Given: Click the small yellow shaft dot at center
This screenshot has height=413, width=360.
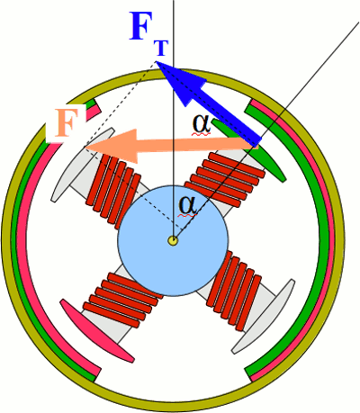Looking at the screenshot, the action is coord(173,240).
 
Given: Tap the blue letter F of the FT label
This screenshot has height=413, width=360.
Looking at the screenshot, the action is coord(142,26).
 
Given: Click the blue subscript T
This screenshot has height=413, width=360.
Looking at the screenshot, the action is coord(161,48).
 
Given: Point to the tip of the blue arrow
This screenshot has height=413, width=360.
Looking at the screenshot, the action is coord(157,61).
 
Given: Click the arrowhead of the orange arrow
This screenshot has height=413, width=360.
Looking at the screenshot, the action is coord(111,147).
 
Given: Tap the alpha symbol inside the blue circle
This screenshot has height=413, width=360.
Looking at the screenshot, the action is coord(188,205).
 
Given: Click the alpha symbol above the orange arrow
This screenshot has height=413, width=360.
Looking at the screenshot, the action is coord(202,124).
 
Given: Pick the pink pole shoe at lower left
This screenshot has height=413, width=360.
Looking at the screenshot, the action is coord(96,330).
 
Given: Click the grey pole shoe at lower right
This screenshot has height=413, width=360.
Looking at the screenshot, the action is coord(264,316).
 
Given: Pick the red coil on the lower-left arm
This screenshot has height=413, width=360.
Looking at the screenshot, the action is coord(122,300).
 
